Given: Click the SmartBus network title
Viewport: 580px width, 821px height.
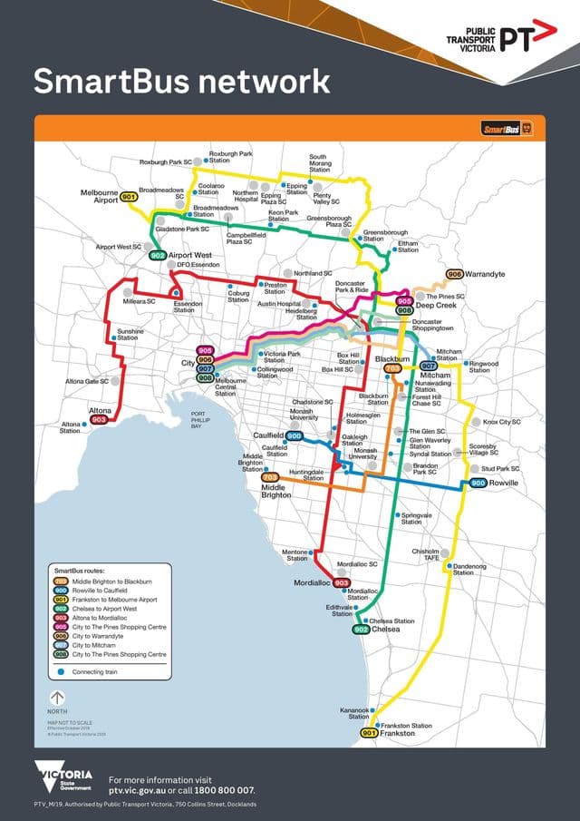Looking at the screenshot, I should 181,82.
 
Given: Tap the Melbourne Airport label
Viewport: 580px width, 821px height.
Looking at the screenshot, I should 100,197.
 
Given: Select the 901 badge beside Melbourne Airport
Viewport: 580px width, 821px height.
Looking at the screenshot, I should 129,198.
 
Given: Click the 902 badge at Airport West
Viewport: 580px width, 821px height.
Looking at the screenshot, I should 158,256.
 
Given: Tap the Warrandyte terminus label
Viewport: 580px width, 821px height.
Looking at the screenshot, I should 486,274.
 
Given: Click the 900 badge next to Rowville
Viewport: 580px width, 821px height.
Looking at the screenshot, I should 478,484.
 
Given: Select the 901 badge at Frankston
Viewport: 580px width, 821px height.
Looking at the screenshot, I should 368,732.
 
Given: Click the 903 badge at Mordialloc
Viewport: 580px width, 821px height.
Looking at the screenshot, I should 342,582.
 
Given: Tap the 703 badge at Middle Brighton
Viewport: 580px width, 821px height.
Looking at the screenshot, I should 269,476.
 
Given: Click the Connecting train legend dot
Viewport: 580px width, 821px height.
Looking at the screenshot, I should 61,672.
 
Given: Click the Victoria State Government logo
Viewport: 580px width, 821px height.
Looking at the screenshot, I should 63,779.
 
